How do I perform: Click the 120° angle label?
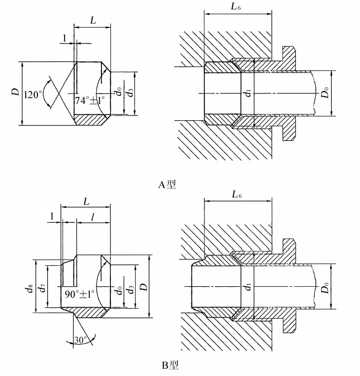(x=31, y=95)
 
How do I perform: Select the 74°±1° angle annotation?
(x=90, y=100)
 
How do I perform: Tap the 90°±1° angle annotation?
(x=79, y=294)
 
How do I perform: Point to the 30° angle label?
(x=80, y=340)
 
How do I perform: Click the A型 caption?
(x=167, y=185)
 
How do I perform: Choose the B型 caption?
(x=170, y=365)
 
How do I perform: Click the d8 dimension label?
(x=30, y=288)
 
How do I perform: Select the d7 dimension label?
(x=43, y=287)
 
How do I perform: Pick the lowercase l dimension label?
(x=92, y=217)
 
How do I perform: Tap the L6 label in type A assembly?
(x=235, y=6)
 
